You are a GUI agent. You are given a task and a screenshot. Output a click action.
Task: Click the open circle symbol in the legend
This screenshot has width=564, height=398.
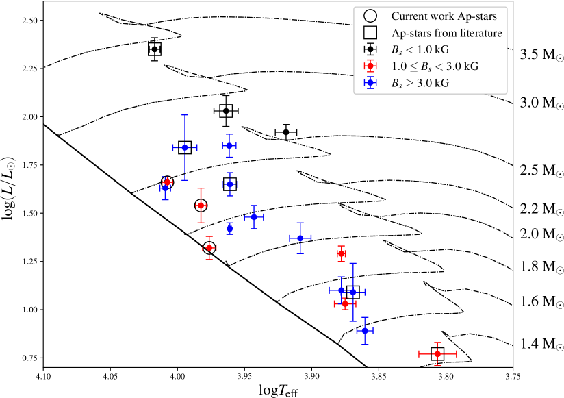tap(370, 16)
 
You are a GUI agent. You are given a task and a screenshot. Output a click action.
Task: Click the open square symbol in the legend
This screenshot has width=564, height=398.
tap(370, 32)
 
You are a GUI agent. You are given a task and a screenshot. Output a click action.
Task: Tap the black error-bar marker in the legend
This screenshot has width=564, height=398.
tap(370, 49)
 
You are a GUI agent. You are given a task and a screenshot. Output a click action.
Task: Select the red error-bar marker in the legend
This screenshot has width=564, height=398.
tap(370, 66)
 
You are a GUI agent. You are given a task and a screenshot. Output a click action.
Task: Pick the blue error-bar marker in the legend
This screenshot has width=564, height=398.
tap(370, 82)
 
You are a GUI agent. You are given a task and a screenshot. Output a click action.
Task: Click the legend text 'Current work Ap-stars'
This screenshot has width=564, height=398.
tap(444, 16)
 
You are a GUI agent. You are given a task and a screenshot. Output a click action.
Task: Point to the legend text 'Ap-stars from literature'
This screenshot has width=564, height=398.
tap(447, 33)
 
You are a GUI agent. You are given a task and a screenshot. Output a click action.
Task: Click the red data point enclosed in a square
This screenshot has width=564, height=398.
tap(437, 353)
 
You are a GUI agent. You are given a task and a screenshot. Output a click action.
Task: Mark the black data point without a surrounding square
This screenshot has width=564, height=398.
tap(286, 132)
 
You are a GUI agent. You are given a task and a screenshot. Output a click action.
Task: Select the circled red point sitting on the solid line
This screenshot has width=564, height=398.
tap(209, 248)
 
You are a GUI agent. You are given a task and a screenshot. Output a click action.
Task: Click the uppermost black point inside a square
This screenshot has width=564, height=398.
tap(155, 49)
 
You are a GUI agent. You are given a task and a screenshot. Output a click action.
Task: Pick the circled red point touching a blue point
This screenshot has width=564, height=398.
tap(167, 182)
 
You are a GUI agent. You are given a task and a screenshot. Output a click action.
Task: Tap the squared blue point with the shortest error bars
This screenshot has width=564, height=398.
tap(230, 184)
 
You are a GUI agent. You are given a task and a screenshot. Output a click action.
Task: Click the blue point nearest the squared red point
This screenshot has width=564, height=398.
tap(365, 331)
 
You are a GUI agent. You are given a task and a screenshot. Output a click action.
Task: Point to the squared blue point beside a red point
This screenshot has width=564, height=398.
tap(353, 293)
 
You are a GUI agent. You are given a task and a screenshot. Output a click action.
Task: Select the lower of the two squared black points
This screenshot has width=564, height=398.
tap(226, 111)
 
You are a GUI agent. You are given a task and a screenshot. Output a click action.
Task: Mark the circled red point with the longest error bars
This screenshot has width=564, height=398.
tap(201, 205)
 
